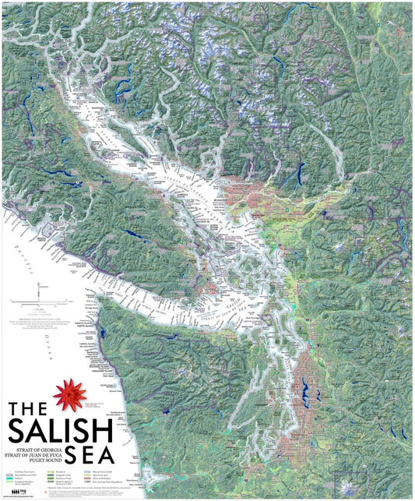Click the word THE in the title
(x=30, y=411)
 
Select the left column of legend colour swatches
(x=9, y=478)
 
